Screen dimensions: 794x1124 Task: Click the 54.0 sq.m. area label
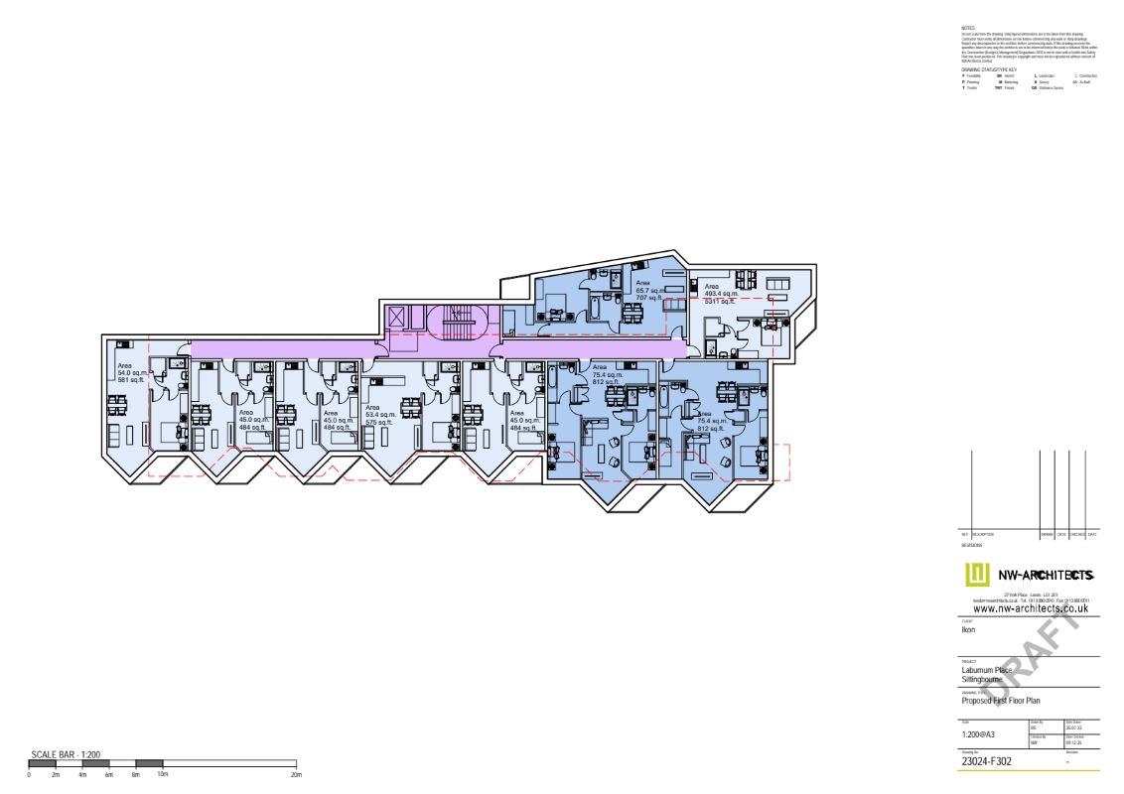pyautogui.click(x=131, y=372)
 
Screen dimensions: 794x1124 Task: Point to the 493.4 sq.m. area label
pyautogui.click(x=721, y=294)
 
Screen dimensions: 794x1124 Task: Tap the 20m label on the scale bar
pyautogui.click(x=295, y=774)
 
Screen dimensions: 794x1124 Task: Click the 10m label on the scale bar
pyautogui.click(x=162, y=774)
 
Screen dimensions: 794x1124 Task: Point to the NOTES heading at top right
pyautogui.click(x=955, y=29)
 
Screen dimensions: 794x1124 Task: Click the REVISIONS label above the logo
pyautogui.click(x=972, y=545)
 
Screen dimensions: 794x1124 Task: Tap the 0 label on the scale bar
pyautogui.click(x=29, y=774)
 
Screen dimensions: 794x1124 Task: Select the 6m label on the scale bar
pyautogui.click(x=109, y=774)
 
